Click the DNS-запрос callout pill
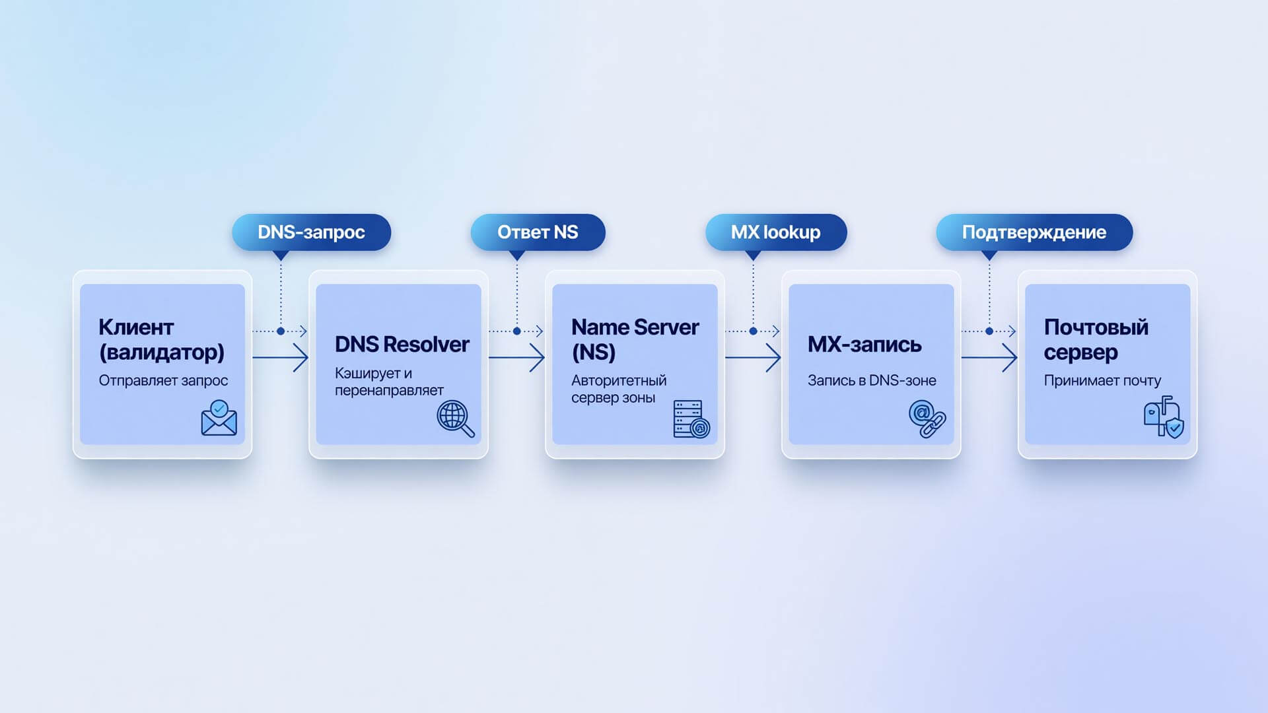pyautogui.click(x=311, y=232)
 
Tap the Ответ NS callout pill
pyautogui.click(x=538, y=232)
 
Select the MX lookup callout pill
pyautogui.click(x=776, y=232)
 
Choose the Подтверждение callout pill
pyautogui.click(x=1034, y=232)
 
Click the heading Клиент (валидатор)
pyautogui.click(x=162, y=339)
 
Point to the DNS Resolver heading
pyautogui.click(x=402, y=345)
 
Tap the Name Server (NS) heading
pyautogui.click(x=635, y=339)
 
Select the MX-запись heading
pyautogui.click(x=864, y=345)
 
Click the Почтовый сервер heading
pyautogui.click(x=1096, y=339)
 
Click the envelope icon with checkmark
pyautogui.click(x=219, y=418)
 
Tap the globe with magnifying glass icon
pyautogui.click(x=456, y=419)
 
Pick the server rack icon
pyautogui.click(x=691, y=419)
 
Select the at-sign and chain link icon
pyautogui.click(x=927, y=419)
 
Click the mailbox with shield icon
pyautogui.click(x=1164, y=417)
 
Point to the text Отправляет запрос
pyautogui.click(x=163, y=381)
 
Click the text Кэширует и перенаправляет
pyautogui.click(x=389, y=382)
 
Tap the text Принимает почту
pyautogui.click(x=1102, y=381)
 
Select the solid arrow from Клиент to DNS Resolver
pyautogui.click(x=281, y=358)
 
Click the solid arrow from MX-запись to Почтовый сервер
pyautogui.click(x=989, y=358)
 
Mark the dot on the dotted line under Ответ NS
pyautogui.click(x=517, y=331)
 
